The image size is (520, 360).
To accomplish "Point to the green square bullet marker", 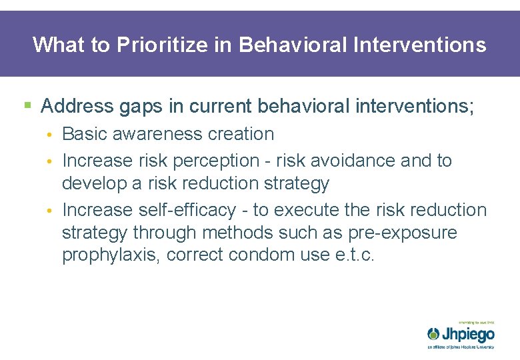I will (27, 105).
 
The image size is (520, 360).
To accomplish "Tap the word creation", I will (241, 133).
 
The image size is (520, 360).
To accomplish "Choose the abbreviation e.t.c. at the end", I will (353, 255).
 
